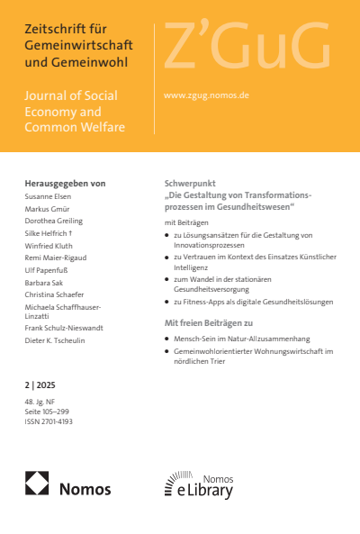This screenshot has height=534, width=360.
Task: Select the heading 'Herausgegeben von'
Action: coord(65,183)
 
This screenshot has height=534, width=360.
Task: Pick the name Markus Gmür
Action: coord(48,208)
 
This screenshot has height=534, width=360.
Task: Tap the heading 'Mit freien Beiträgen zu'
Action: coord(209,322)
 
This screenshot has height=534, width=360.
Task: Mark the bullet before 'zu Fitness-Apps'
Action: coord(166,303)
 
